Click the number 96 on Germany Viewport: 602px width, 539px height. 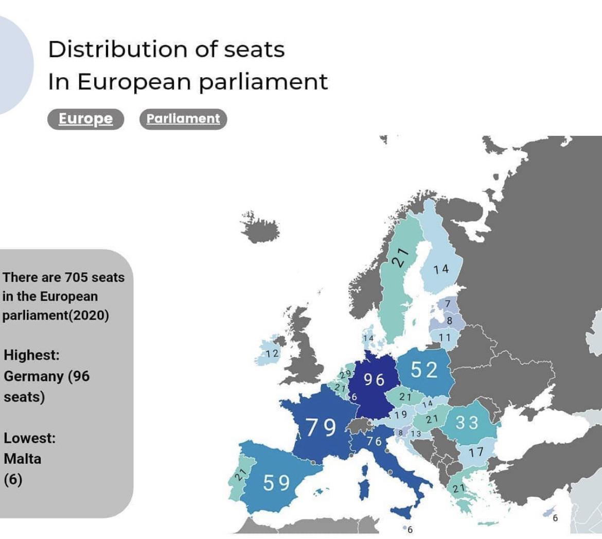374,379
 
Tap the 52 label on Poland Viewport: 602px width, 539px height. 424,370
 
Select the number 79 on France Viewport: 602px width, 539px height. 321,427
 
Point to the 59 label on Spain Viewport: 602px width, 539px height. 276,483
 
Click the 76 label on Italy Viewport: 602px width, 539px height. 375,441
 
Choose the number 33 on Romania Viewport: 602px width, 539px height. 467,423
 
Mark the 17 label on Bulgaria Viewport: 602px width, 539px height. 476,452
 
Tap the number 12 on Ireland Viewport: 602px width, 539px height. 272,353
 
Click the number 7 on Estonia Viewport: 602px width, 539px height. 448,304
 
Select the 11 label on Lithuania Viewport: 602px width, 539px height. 445,337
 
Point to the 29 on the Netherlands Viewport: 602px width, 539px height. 345,374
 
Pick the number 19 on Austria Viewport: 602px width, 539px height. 401,414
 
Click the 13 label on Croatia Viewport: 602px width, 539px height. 415,434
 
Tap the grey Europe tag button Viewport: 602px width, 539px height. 85,119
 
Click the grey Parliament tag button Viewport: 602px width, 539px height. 183,119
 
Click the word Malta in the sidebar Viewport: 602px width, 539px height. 22,459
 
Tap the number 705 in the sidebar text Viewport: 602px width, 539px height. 77,277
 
